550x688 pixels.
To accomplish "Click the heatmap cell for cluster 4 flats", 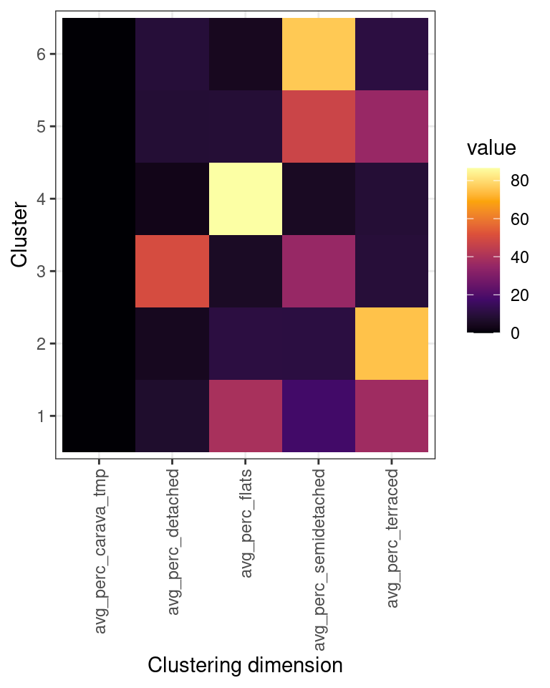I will [x=245, y=199].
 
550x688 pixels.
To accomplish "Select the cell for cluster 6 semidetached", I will [x=318, y=54].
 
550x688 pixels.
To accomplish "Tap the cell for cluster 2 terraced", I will [x=391, y=343].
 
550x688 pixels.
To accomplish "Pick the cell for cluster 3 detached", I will [x=172, y=271].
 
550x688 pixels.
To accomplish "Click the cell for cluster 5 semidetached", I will [x=318, y=126].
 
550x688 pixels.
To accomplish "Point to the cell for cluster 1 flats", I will [x=245, y=416].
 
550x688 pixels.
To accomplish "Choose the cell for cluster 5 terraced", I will [x=391, y=126].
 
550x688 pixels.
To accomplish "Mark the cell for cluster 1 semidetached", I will [x=318, y=416].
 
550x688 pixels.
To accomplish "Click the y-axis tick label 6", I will [x=42, y=54].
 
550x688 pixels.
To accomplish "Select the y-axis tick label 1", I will [x=42, y=416].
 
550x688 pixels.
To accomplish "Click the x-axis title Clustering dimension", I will [x=245, y=665].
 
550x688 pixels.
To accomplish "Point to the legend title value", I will [x=491, y=148].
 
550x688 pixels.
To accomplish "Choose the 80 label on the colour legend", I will [x=520, y=182].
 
